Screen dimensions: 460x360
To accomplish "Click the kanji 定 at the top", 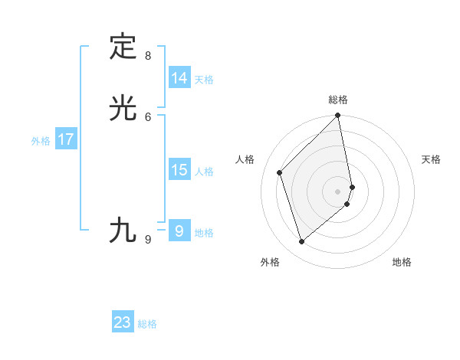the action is (x=123, y=47).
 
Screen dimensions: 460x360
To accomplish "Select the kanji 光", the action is (x=123, y=108).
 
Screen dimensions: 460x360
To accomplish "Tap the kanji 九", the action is (x=123, y=229).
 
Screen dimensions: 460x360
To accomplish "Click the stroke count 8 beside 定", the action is (x=148, y=55).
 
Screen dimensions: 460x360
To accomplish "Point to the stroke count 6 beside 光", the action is (x=148, y=116).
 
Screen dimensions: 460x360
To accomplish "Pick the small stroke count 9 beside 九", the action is (x=148, y=239).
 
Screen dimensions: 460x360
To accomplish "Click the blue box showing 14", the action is (x=179, y=78).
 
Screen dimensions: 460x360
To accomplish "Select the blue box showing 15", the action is (x=179, y=170).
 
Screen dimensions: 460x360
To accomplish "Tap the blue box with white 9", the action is (x=179, y=231).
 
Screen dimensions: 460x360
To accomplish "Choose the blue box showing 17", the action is (x=66, y=140).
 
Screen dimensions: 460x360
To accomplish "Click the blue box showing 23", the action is (x=123, y=322).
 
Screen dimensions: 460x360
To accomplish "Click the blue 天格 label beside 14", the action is (x=204, y=80).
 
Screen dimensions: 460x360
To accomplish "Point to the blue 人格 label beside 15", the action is (x=204, y=172).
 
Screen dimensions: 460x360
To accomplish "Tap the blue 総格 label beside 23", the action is (x=147, y=324).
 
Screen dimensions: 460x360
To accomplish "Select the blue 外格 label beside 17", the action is (x=40, y=141).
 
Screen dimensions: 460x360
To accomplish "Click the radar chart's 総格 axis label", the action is (x=338, y=100).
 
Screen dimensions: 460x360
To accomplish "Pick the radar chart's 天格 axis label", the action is (x=431, y=159).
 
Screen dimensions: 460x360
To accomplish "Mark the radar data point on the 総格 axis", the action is (x=338, y=116).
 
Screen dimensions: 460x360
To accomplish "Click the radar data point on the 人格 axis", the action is (x=280, y=172).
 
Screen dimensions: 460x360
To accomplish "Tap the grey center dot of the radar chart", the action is (x=338, y=191).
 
